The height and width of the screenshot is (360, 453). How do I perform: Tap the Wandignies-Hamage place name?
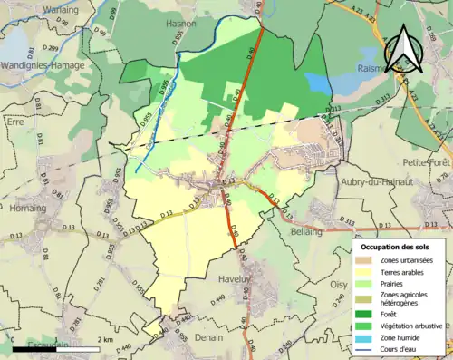click(43, 65)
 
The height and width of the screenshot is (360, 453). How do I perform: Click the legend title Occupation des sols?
click(395, 247)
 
